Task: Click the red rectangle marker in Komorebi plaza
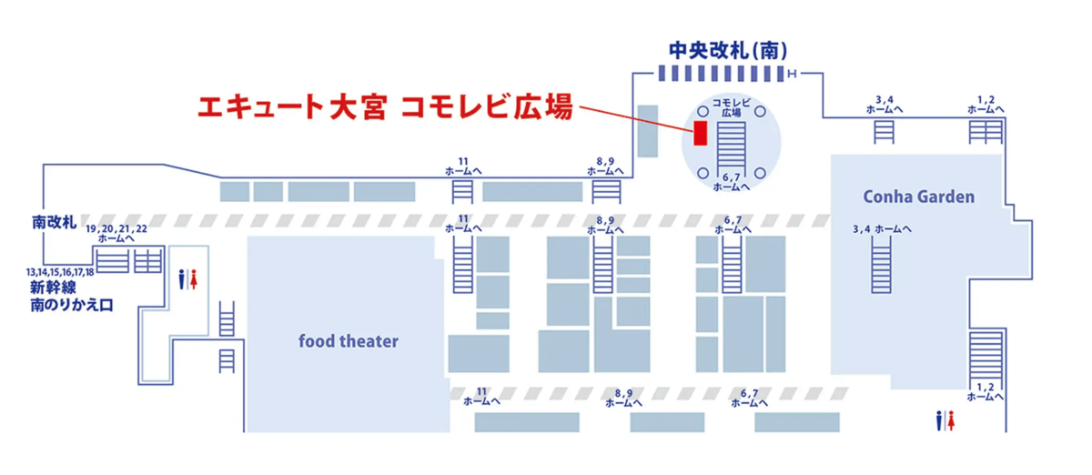coord(700,133)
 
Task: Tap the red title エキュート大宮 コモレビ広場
coord(385,107)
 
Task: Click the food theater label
coord(349,341)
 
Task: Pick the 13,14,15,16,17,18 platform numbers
coord(60,272)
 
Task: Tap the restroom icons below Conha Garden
coord(945,419)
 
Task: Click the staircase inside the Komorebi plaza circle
coord(731,144)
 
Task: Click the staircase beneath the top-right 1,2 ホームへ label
coord(985,132)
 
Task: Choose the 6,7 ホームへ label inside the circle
coord(731,181)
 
